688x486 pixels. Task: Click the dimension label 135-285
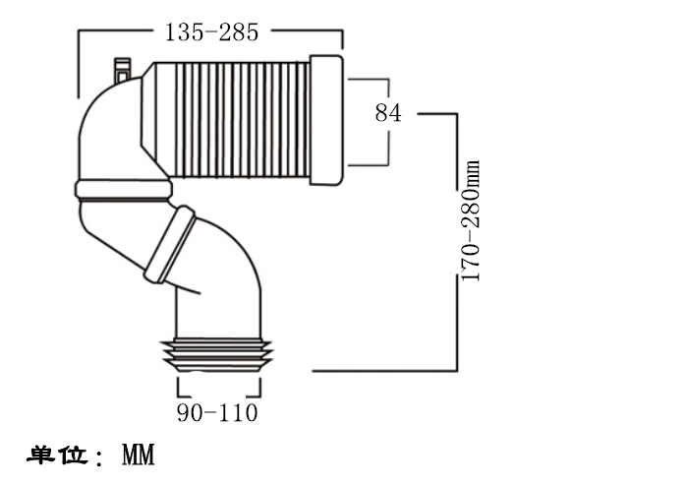pos(211,32)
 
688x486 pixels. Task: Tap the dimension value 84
pos(388,113)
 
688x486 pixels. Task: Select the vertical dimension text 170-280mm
pos(471,220)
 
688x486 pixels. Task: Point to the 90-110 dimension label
pos(217,412)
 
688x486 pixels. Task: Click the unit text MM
pos(139,455)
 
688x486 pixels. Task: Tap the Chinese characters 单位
pos(58,455)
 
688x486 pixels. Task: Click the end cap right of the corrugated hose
pos(326,120)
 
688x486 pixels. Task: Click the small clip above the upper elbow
pos(122,70)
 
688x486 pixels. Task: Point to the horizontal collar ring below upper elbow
pos(124,189)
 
